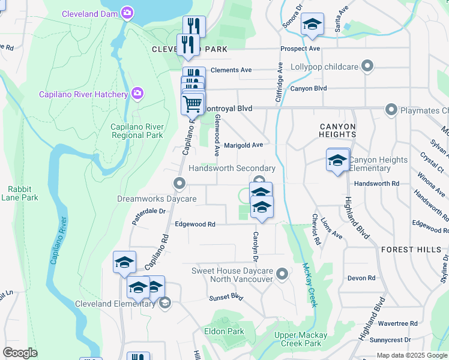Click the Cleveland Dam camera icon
(x=127, y=12)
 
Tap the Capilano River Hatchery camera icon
(x=137, y=93)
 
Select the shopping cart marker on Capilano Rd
(x=192, y=104)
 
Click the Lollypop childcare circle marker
(x=368, y=66)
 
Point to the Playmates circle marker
(x=391, y=110)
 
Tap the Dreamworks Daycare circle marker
(x=178, y=184)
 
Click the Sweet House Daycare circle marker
(x=283, y=275)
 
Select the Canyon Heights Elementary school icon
(x=338, y=160)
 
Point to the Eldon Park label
(x=224, y=331)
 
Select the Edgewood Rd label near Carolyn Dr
(x=194, y=224)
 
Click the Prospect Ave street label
(x=300, y=49)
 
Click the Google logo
(x=20, y=353)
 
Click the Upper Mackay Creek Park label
(x=301, y=339)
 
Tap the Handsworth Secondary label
(x=232, y=169)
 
